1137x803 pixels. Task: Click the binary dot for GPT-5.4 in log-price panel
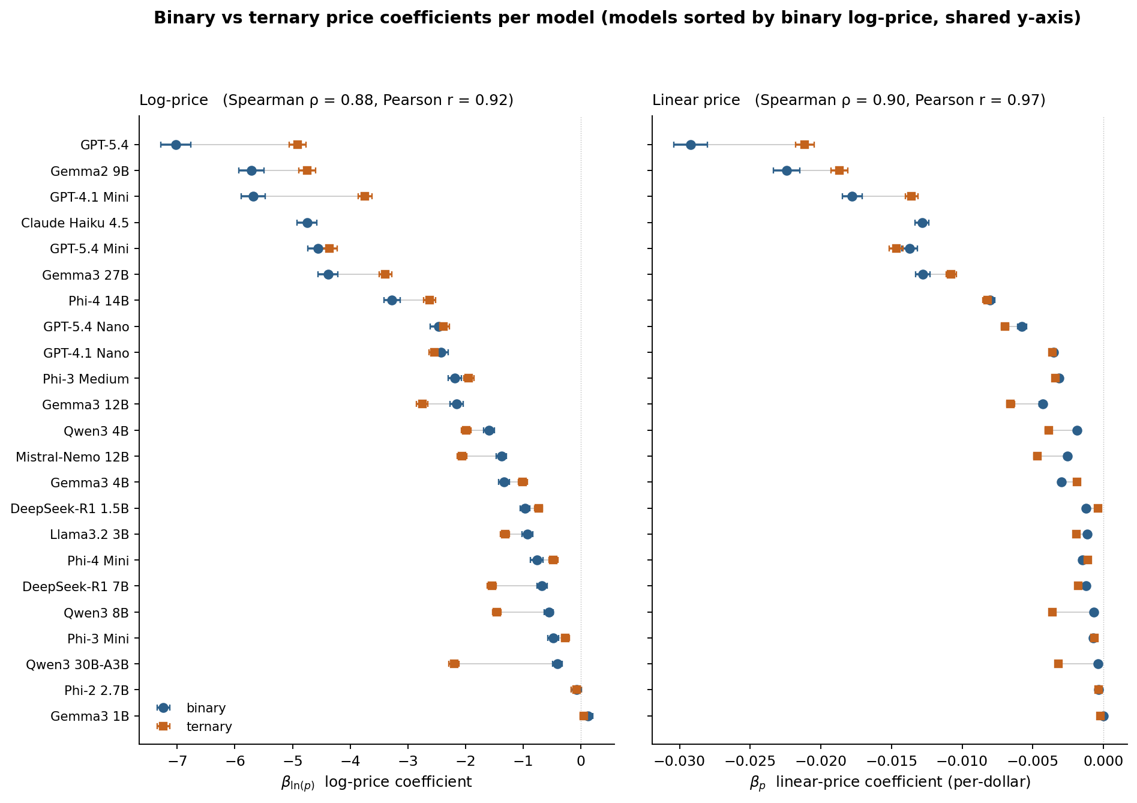coord(176,145)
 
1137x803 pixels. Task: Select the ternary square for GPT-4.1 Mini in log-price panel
coord(365,196)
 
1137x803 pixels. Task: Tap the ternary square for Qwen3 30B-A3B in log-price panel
coord(454,664)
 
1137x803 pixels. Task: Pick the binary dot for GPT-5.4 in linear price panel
coord(691,145)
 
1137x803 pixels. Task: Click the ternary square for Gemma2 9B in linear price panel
coord(839,170)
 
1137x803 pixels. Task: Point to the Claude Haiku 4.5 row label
coord(75,223)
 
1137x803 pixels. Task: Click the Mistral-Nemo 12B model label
coord(72,457)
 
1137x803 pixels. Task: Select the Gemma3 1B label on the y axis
coord(89,716)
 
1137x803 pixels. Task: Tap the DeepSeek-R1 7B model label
coord(76,586)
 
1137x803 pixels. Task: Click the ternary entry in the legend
coord(209,727)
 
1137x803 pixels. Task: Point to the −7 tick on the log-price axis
coord(177,762)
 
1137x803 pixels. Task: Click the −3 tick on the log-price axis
coord(408,762)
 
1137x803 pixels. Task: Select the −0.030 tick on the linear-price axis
coord(679,762)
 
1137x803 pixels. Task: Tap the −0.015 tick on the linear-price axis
coord(891,762)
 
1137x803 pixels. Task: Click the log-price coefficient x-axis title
coord(376,782)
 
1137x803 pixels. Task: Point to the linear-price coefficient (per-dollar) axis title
coord(890,782)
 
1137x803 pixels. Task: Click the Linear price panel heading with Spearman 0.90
coord(848,100)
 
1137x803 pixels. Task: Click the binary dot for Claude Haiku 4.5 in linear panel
coord(922,223)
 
